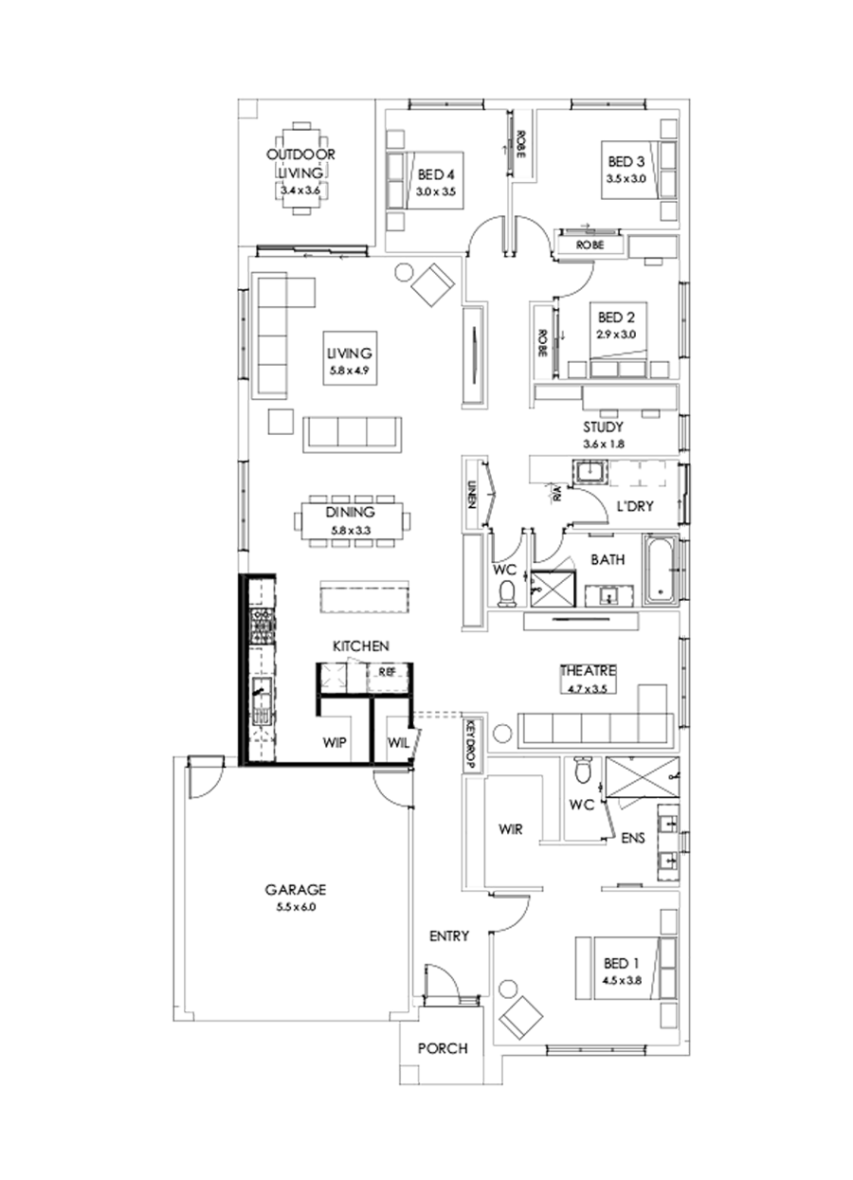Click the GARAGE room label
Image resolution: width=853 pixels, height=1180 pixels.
295,890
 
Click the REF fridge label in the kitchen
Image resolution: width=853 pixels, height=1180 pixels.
386,671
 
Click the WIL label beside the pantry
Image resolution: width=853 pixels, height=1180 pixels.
397,743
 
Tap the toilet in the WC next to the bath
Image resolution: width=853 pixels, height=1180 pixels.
508,591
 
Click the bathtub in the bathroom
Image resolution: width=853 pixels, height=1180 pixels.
661,571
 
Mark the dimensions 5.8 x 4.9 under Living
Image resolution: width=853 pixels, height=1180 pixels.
350,371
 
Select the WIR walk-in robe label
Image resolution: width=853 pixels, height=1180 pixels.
511,828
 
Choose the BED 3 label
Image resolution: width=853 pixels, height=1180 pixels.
626,161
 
